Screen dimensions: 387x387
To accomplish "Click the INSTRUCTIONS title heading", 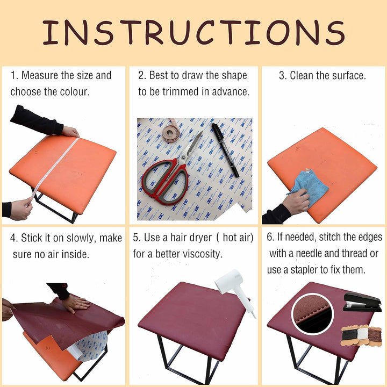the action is pyautogui.click(x=193, y=32).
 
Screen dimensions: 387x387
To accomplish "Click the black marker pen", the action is pyautogui.click(x=225, y=150).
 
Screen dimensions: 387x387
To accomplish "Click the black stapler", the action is pyautogui.click(x=362, y=302).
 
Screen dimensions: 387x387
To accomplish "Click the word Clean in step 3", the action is pyautogui.click(x=302, y=76).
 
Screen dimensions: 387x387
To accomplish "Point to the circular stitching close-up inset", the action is pyautogui.click(x=312, y=314).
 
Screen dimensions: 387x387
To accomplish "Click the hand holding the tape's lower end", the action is pyautogui.click(x=20, y=209).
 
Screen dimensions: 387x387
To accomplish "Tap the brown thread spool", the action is pyautogui.click(x=375, y=335).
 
